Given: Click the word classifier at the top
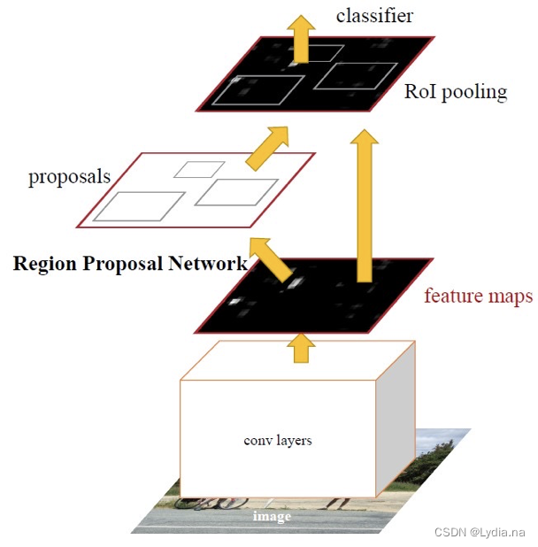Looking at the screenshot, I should coord(374,15).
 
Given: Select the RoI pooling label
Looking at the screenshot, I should coord(456,91).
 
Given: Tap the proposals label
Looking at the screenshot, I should coord(69,176).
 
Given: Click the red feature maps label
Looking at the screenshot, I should coord(478,296).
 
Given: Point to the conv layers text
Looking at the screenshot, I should coord(277,440).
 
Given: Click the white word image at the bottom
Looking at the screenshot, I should coord(272,515).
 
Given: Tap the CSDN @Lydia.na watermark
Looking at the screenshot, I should coord(480,532).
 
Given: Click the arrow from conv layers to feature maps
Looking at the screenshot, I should coord(303,346).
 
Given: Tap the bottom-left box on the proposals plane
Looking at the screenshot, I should coord(139,205).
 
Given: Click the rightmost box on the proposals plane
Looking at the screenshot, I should coord(231,191).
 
